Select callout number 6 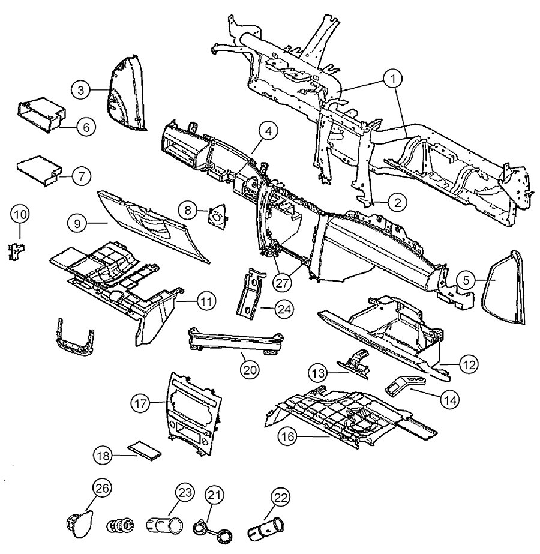[85, 127]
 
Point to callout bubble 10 [20, 215]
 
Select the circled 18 [103, 456]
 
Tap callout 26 [101, 487]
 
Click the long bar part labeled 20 [237, 342]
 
